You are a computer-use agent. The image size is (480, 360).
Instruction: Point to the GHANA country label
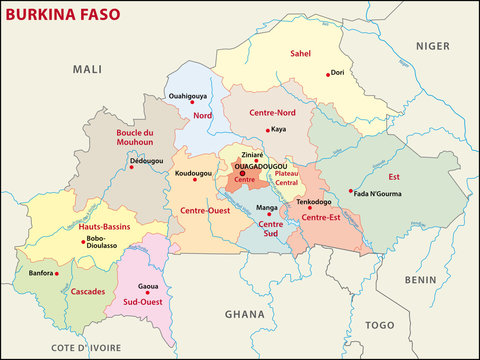[244, 314]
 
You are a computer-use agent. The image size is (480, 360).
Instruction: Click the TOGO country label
[380, 325]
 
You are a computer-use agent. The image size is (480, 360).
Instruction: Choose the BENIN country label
[423, 281]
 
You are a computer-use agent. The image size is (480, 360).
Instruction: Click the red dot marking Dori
[327, 73]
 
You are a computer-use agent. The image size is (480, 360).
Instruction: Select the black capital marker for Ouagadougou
[242, 173]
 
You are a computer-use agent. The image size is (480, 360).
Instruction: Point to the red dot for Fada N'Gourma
[350, 191]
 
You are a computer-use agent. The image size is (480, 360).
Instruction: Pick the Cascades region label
[89, 291]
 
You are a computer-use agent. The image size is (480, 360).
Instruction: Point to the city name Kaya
[279, 129]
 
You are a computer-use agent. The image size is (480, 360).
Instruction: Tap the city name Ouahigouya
[189, 97]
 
